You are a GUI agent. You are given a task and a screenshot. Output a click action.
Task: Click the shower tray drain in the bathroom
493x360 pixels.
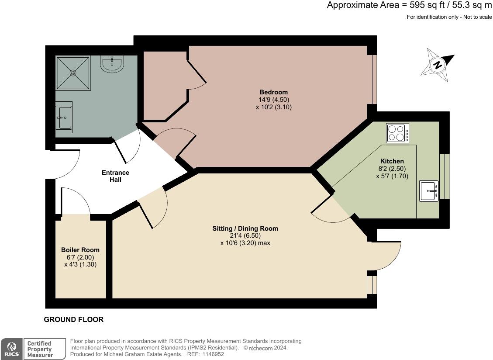pos(73,73)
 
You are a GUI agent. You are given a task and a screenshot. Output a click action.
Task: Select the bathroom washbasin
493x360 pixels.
pos(64,117)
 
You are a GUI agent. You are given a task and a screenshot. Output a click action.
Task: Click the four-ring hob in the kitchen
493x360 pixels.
pos(397,133)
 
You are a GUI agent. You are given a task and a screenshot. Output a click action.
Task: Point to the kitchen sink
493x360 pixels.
pos(429,191)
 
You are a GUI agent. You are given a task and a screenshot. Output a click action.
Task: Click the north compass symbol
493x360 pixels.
pos(437,66)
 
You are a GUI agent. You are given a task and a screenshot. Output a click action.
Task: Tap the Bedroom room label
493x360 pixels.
pos(274,92)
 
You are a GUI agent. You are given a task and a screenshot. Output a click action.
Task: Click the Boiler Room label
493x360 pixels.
pos(80,250)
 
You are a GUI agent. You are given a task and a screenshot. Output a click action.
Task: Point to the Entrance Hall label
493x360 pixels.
pos(115,176)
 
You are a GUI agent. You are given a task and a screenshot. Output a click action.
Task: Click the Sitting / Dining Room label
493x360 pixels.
pos(245,228)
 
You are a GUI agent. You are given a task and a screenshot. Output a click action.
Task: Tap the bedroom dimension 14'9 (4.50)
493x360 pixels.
pos(274,100)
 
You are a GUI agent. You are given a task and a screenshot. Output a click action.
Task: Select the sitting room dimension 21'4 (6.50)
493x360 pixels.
pos(245,235)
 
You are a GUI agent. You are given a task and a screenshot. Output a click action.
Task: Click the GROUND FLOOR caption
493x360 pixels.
pos(74,319)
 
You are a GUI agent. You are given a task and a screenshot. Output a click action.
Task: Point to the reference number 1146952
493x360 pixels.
pos(212,354)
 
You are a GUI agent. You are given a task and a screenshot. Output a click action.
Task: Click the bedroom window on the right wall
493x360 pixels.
pos(372,79)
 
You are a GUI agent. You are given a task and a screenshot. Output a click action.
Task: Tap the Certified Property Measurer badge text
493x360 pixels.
pos(39,349)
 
